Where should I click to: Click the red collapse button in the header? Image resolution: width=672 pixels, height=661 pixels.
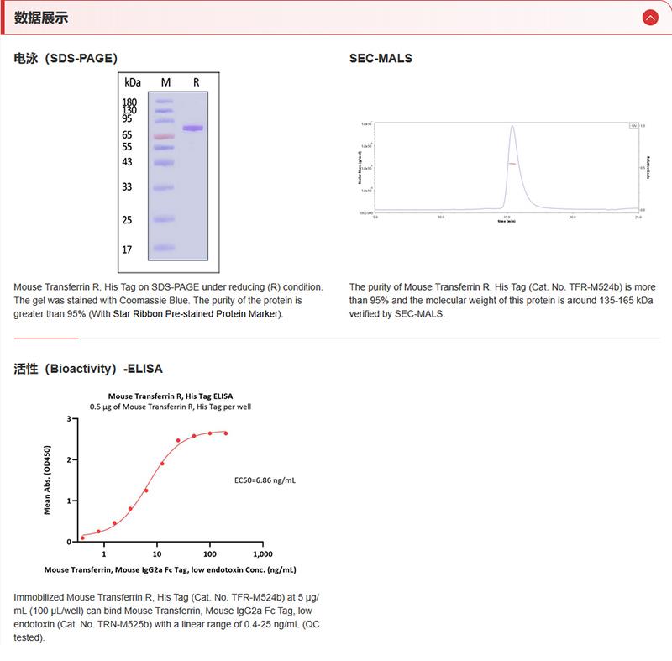649,17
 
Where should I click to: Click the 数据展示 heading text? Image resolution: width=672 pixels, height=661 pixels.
41,18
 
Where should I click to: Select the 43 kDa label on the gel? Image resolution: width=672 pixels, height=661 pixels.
128,162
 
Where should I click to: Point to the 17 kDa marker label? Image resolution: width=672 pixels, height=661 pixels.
128,250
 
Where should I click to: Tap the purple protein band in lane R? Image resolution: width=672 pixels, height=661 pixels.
193,128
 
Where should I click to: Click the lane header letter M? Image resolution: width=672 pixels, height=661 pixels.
165,82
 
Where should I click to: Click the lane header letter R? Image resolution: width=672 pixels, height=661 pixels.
196,82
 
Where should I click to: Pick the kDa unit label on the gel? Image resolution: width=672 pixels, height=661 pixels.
132,82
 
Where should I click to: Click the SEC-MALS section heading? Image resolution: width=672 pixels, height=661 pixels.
381,59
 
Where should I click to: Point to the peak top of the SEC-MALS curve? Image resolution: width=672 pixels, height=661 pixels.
512,127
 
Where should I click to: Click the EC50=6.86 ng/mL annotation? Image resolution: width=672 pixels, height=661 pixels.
265,480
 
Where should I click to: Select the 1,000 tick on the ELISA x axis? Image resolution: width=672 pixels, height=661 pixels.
262,554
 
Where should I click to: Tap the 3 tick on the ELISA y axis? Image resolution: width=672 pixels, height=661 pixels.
68,418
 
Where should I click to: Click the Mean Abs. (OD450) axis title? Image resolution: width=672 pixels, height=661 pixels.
47,479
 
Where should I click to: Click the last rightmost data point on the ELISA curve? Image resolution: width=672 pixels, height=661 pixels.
226,433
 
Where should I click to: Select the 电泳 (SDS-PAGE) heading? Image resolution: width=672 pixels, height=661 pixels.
66,59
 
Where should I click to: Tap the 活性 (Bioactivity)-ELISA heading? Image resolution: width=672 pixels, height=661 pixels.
88,369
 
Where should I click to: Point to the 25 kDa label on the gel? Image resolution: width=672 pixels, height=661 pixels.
128,221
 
